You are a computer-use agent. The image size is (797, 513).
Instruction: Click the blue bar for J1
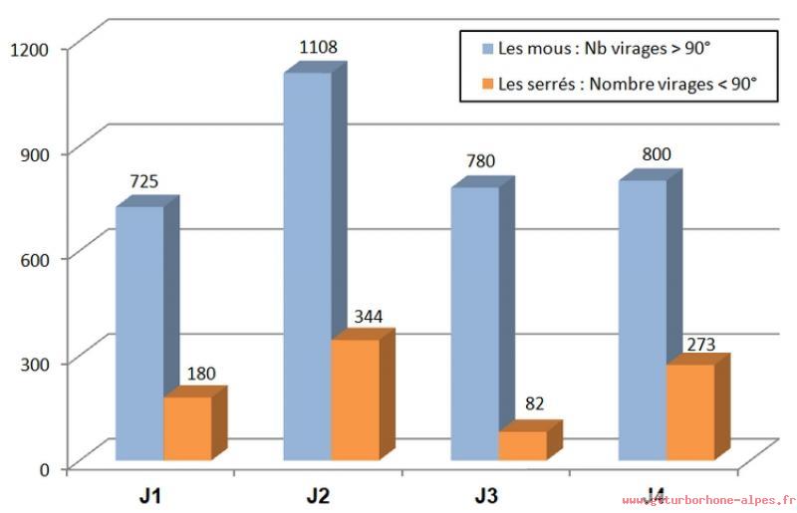tap(139, 334)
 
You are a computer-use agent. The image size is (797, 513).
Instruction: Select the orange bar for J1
tap(187, 428)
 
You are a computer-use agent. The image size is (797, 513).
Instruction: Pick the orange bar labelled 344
tap(356, 399)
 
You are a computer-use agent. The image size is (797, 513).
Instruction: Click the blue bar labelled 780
tap(475, 324)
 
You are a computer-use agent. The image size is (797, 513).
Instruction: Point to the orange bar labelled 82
tap(523, 445)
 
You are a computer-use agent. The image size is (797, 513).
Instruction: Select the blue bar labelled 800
tap(643, 320)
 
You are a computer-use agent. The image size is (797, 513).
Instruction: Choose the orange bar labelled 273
tap(690, 412)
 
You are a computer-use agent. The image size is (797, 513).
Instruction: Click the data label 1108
tap(318, 46)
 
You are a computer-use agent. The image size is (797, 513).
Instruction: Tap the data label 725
tap(144, 181)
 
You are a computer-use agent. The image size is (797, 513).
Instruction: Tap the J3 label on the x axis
tap(487, 494)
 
